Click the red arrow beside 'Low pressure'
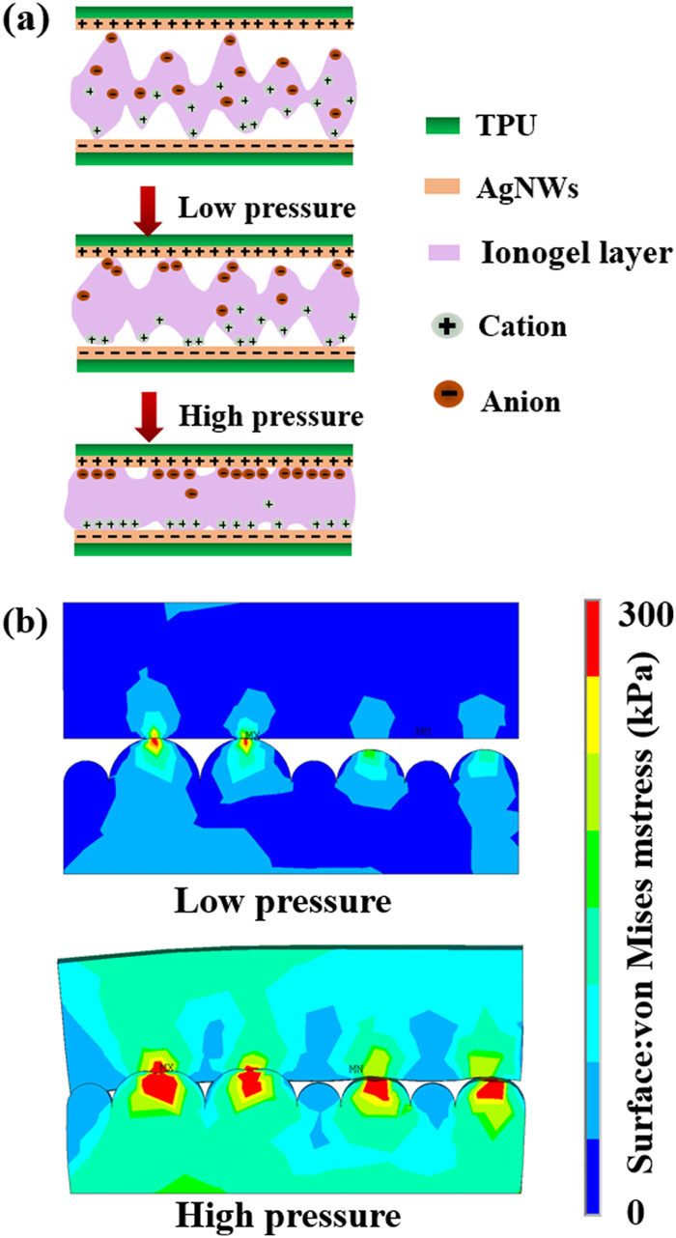pyautogui.click(x=147, y=215)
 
